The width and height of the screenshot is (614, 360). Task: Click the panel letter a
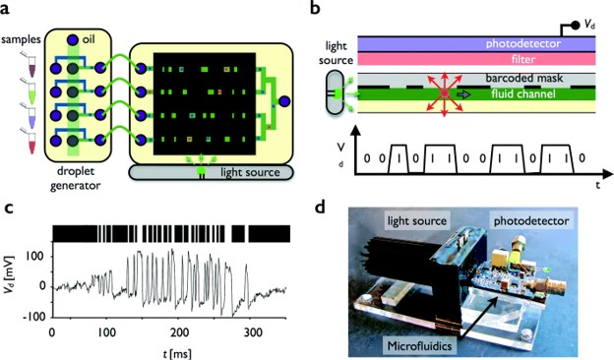pyautogui.click(x=5, y=8)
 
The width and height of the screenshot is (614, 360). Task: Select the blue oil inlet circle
pyautogui.click(x=73, y=40)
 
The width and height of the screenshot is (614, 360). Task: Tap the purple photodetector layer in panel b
pyautogui.click(x=476, y=43)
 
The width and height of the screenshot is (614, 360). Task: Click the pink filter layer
pyautogui.click(x=476, y=59)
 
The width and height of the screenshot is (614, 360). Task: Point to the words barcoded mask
pyautogui.click(x=524, y=78)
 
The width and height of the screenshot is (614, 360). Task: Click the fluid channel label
pyautogui.click(x=523, y=93)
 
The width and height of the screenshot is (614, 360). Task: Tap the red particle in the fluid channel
pyautogui.click(x=445, y=93)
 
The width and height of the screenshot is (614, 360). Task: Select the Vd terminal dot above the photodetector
pyautogui.click(x=576, y=26)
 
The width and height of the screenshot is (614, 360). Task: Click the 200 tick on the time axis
pyautogui.click(x=181, y=333)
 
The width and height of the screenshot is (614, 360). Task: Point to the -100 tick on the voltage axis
pyautogui.click(x=33, y=317)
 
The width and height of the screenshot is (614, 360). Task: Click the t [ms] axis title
pyautogui.click(x=177, y=354)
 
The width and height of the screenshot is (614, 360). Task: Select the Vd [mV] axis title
pyautogui.click(x=10, y=277)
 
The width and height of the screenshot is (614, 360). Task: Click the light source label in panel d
pyautogui.click(x=417, y=221)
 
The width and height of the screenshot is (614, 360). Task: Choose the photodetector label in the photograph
pyautogui.click(x=531, y=221)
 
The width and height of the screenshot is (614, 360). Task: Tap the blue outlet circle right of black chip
pyautogui.click(x=284, y=101)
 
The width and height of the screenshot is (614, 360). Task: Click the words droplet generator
pyautogui.click(x=75, y=178)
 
